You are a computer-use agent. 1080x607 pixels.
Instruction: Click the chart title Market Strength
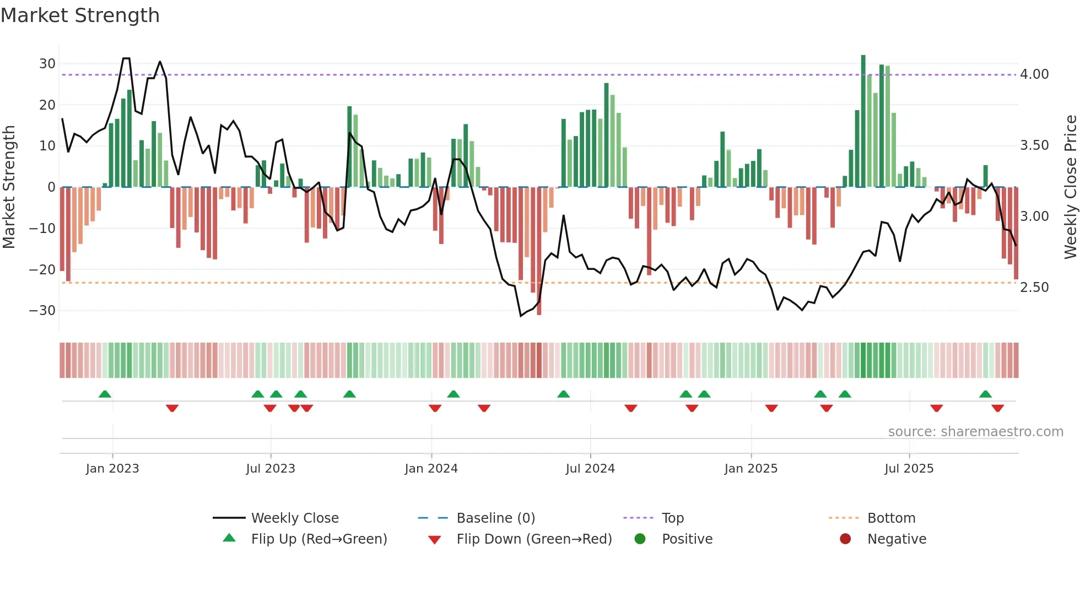[80, 15]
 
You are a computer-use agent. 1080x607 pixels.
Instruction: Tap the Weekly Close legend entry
[294, 518]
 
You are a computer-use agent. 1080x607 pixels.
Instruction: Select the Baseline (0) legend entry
[495, 518]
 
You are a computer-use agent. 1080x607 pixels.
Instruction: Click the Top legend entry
[672, 518]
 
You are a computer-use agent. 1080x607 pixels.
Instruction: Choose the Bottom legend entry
[891, 518]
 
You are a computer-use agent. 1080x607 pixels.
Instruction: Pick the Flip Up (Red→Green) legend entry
[318, 539]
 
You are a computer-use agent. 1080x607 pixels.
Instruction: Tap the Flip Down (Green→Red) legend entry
[533, 539]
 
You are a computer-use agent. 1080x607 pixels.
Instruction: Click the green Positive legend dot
[640, 539]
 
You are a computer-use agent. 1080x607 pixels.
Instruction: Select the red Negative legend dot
[845, 539]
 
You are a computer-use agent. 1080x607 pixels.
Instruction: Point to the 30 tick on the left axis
[47, 64]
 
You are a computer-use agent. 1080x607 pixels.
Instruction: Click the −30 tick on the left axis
[43, 311]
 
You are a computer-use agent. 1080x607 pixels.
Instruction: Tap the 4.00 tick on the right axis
[1034, 74]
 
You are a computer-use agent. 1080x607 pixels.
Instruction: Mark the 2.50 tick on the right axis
[1034, 288]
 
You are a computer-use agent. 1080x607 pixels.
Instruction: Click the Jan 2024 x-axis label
[431, 469]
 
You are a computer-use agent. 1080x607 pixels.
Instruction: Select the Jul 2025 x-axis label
[909, 469]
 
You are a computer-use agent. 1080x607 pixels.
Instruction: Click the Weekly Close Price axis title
[1070, 187]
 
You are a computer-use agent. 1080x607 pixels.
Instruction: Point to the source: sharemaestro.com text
[975, 432]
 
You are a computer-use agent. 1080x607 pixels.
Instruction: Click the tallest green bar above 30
[863, 121]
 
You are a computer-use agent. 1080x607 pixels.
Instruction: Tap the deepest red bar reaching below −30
[539, 251]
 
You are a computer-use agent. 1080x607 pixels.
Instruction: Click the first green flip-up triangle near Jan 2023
[105, 394]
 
